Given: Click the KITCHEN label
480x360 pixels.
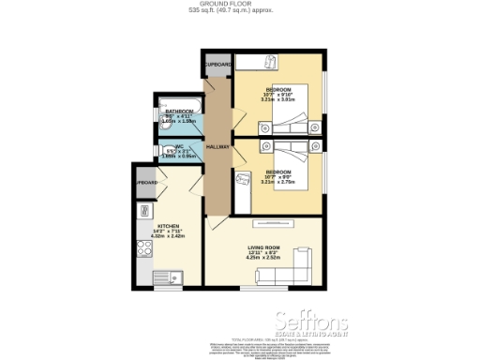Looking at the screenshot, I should pos(169,226).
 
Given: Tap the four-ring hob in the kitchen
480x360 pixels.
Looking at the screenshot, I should pos(145,248).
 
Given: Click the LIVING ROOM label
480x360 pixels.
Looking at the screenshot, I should pos(265,246).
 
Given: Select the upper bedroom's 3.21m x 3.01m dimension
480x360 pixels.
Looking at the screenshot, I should pos(278,99).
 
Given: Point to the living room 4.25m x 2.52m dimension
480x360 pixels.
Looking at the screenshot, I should pos(265,257).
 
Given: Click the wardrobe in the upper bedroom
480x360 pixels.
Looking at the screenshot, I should pos(270,62).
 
